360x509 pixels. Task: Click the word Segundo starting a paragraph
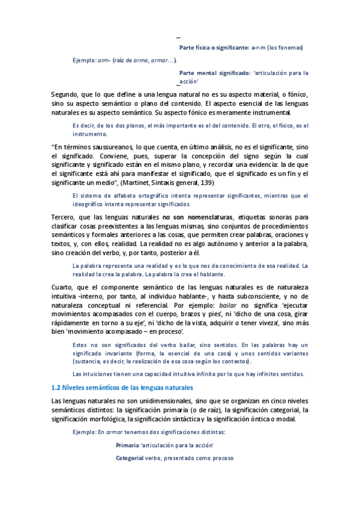[67, 94]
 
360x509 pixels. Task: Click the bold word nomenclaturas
[204, 216]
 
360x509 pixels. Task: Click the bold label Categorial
[130, 458]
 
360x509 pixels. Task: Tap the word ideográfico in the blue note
[88, 204]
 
